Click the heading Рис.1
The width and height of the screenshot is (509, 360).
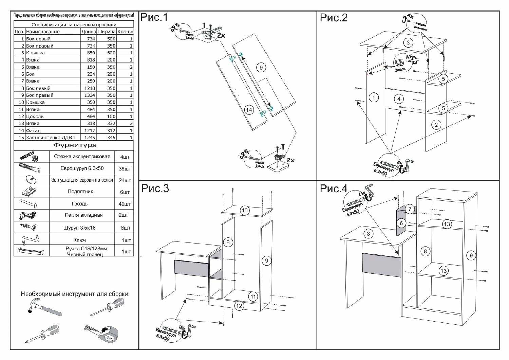pyautogui.click(x=154, y=17)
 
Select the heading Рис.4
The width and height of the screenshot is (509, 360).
pyautogui.click(x=334, y=188)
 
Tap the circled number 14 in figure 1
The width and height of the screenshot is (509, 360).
pyautogui.click(x=249, y=110)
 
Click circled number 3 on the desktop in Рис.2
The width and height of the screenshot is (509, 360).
pyautogui.click(x=408, y=42)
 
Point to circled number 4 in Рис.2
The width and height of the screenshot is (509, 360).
pyautogui.click(x=399, y=99)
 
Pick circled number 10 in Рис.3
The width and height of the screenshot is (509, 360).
pyautogui.click(x=245, y=210)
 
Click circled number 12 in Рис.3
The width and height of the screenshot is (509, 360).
pyautogui.click(x=239, y=306)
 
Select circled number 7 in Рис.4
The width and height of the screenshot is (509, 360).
pyautogui.click(x=410, y=209)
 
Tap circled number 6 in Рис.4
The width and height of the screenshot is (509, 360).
pyautogui.click(x=401, y=223)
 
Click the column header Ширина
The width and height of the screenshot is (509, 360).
pyautogui.click(x=107, y=32)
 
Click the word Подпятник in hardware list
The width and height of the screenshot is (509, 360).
pyautogui.click(x=80, y=192)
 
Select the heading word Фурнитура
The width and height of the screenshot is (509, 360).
pyautogui.click(x=75, y=145)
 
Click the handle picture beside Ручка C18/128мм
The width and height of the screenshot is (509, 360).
pyautogui.click(x=31, y=251)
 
